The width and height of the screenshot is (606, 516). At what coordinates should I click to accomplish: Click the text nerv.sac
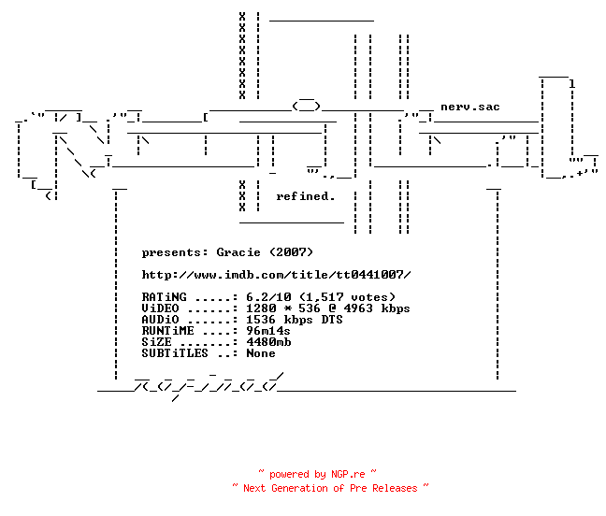(x=470, y=107)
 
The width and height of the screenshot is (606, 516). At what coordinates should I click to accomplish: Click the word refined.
(x=305, y=196)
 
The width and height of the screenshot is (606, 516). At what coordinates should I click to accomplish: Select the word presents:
(x=175, y=252)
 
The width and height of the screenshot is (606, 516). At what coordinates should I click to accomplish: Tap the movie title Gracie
(x=238, y=252)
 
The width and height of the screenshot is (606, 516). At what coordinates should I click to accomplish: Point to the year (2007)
(x=291, y=252)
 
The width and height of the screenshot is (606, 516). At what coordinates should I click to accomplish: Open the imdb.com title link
(x=276, y=275)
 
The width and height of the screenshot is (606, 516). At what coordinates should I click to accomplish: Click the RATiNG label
(x=165, y=297)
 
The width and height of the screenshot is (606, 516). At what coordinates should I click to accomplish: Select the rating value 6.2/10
(x=268, y=297)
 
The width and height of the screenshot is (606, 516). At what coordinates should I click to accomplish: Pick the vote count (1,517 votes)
(x=348, y=297)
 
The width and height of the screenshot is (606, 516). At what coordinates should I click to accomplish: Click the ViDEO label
(x=161, y=308)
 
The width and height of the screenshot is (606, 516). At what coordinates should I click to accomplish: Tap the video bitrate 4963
(x=358, y=308)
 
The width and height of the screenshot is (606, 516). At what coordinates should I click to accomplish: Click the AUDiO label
(x=161, y=320)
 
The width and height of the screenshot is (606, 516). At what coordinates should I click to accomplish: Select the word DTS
(x=332, y=320)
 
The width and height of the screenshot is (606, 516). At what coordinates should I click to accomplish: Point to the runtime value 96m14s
(x=268, y=331)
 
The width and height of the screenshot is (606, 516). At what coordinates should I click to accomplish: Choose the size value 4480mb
(x=268, y=342)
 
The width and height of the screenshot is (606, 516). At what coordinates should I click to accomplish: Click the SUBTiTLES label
(x=175, y=353)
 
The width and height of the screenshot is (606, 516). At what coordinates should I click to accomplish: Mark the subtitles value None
(x=261, y=353)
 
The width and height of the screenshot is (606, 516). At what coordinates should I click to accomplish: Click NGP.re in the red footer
(x=348, y=474)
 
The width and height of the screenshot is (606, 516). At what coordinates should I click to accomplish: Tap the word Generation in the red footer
(x=299, y=488)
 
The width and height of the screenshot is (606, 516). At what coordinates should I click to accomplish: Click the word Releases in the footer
(x=395, y=488)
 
